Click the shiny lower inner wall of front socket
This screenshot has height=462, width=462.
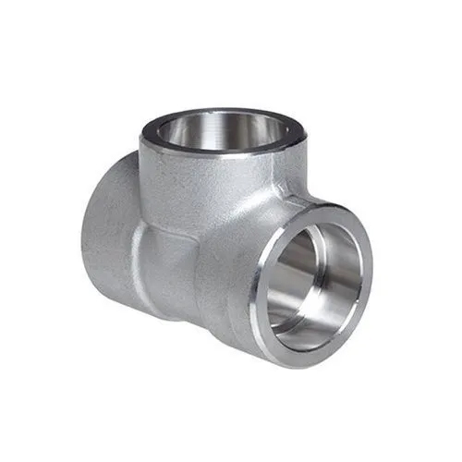[305, 319]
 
